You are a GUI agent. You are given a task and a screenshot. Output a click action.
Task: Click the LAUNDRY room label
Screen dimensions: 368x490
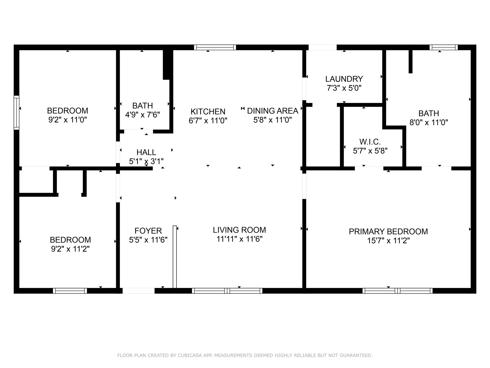tap(344, 79)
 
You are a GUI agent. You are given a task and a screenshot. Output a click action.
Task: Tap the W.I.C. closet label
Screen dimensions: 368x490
tap(370, 142)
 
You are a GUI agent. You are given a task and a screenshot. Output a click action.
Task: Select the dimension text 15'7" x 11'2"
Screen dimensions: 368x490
tap(388, 240)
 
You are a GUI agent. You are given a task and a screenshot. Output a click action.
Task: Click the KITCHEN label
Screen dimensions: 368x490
tap(208, 111)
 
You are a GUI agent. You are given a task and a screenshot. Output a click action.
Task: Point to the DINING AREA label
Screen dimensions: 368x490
tap(273, 111)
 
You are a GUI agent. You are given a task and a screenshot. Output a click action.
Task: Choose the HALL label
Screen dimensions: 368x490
tap(146, 152)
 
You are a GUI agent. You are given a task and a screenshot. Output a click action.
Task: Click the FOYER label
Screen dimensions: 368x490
tap(148, 231)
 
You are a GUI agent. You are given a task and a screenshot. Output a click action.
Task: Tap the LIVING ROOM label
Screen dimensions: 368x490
tap(239, 230)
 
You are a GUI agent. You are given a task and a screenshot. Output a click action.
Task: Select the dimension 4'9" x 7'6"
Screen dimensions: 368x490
tap(142, 115)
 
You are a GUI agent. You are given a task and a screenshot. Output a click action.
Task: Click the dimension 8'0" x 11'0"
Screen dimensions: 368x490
tap(428, 122)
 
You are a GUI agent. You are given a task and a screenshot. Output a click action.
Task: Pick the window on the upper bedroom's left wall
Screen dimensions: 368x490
tap(16, 112)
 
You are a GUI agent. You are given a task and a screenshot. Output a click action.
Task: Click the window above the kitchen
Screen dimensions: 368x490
tap(215, 47)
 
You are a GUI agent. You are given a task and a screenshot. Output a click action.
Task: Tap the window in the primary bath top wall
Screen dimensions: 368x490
tap(444, 47)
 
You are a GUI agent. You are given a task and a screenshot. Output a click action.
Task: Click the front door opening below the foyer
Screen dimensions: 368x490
tap(139, 291)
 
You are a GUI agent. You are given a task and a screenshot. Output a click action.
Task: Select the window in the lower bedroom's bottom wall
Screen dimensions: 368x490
tap(70, 291)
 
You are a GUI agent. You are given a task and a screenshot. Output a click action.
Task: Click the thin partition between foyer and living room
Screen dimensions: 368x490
tap(175, 257)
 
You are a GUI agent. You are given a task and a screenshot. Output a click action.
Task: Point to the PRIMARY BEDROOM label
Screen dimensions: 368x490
tap(388, 232)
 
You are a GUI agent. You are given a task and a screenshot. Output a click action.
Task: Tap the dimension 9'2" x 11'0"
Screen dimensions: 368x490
tap(68, 120)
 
